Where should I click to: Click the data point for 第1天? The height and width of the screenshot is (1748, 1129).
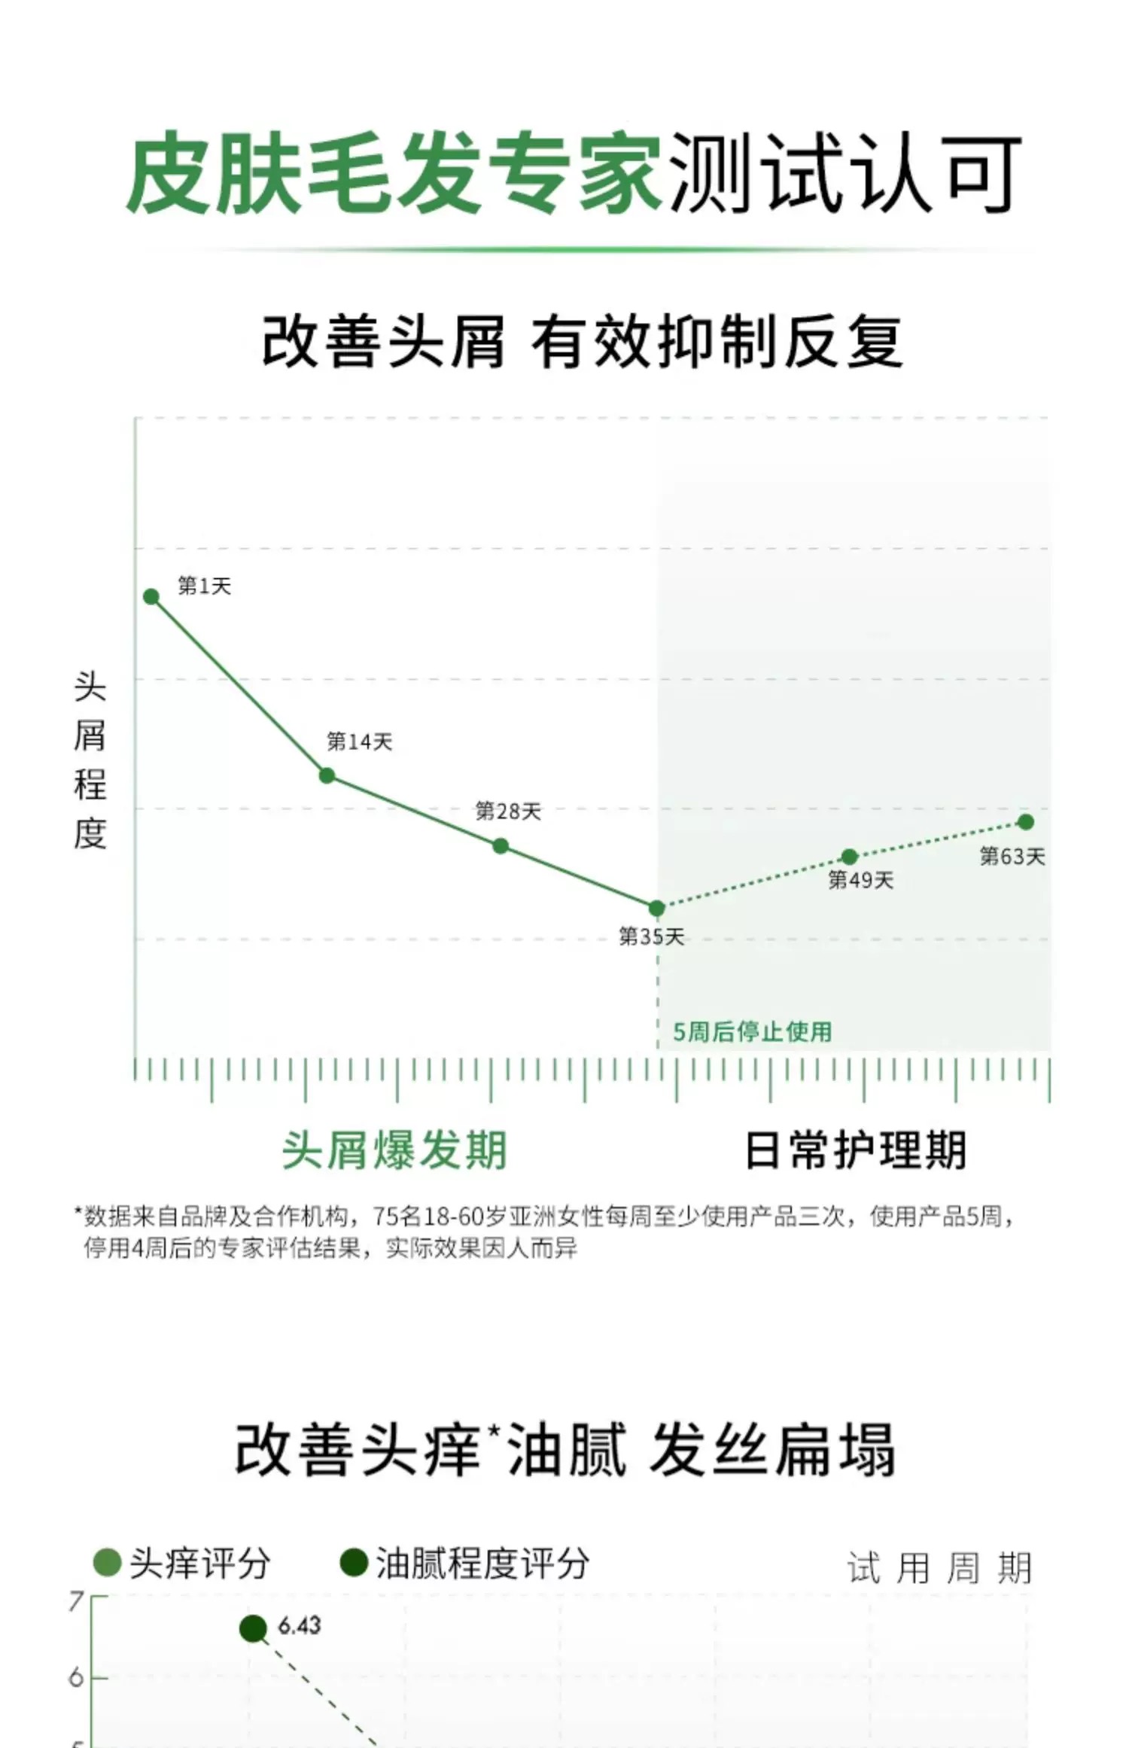(x=151, y=597)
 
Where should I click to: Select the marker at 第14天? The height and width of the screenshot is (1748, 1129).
(x=327, y=775)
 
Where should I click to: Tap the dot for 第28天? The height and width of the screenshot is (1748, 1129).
(x=501, y=846)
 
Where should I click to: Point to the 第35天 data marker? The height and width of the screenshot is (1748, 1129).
(x=657, y=909)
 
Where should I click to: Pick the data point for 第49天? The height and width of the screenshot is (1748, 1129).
(x=850, y=857)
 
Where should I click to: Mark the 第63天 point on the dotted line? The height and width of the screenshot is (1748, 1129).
(x=1026, y=822)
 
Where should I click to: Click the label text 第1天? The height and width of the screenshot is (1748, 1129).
(x=204, y=586)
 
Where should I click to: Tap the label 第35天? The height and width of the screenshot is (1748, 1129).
(x=652, y=936)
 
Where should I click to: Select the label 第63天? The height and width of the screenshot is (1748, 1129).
(x=1012, y=856)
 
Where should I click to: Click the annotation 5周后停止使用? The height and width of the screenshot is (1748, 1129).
(x=752, y=1031)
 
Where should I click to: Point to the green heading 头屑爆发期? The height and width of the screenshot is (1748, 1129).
(x=394, y=1150)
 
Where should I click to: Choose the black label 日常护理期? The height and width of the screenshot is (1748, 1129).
(x=855, y=1150)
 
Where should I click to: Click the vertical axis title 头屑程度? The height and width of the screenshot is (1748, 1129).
(x=90, y=760)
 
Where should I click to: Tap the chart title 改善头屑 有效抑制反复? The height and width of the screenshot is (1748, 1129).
(x=582, y=343)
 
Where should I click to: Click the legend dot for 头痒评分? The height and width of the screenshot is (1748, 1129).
(x=107, y=1563)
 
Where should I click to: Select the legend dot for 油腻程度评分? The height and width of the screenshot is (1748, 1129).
(x=353, y=1563)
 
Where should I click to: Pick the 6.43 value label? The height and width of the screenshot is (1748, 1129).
(x=300, y=1626)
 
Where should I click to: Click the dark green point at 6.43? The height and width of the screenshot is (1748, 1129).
(x=254, y=1629)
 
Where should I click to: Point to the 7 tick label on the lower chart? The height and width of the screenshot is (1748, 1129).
(x=75, y=1601)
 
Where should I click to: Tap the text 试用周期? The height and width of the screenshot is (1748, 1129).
(x=939, y=1568)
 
